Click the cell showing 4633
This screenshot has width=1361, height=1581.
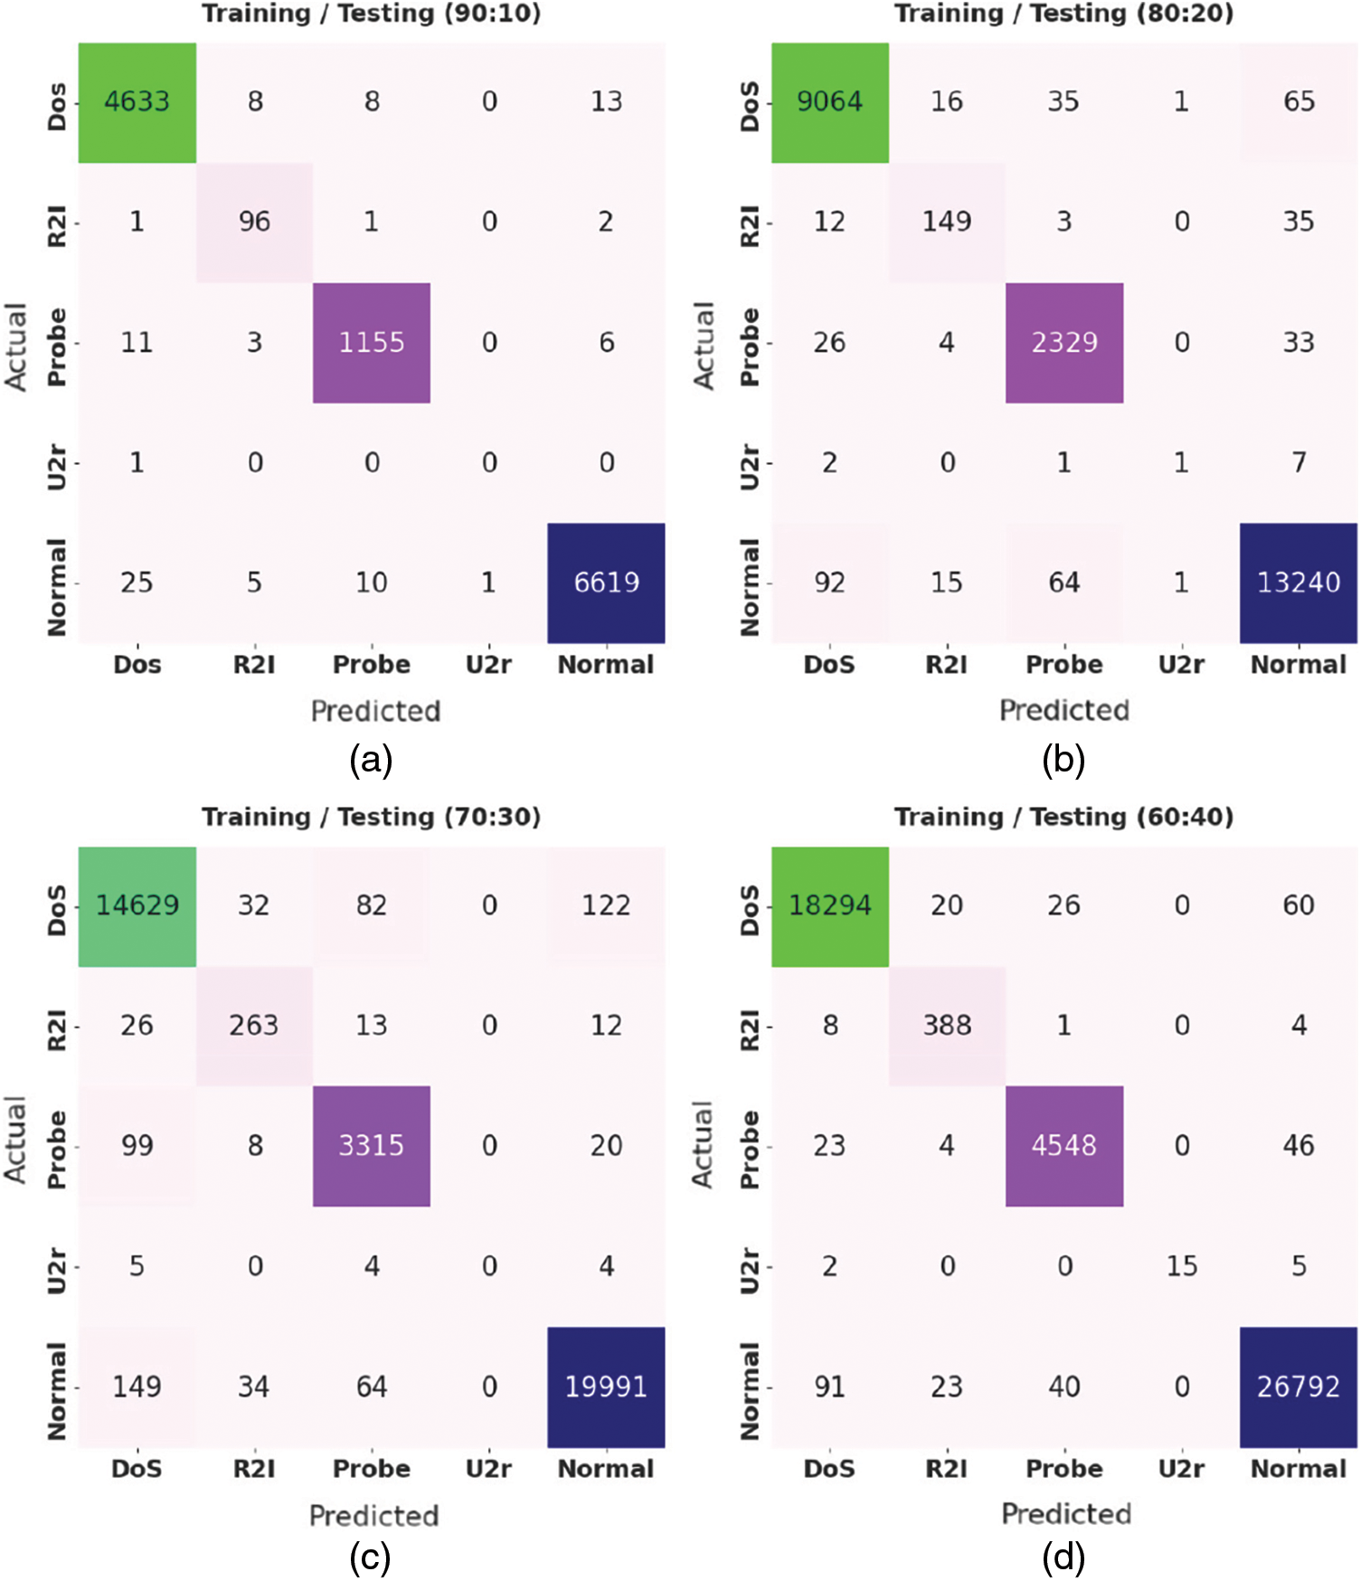coord(137,102)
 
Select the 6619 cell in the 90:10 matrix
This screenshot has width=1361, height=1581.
coord(606,582)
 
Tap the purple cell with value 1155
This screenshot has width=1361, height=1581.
coord(372,343)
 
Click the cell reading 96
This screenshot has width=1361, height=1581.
coord(254,222)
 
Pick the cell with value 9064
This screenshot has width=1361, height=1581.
coord(829,102)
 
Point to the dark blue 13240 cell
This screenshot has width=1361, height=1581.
coord(1298,582)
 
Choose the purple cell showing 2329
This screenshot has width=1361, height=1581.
coord(1064,343)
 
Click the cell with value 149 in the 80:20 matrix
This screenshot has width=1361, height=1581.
coord(947,222)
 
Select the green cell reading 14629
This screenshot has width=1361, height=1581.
coord(137,906)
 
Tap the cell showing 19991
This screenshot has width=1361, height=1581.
coord(606,1387)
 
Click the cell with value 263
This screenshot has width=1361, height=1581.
coord(254,1026)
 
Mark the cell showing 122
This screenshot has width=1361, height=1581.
coord(606,906)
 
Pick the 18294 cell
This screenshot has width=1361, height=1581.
coord(829,906)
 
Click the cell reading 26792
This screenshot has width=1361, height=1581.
coord(1298,1387)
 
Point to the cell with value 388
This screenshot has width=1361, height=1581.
coord(947,1026)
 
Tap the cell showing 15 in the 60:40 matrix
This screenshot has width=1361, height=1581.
coord(1181,1266)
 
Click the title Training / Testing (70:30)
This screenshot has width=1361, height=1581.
coord(371,817)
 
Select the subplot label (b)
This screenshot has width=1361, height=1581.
coord(1063,760)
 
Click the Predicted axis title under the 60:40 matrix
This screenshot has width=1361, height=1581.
coord(1066,1514)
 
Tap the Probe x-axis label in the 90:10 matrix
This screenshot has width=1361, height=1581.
coord(372,665)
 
